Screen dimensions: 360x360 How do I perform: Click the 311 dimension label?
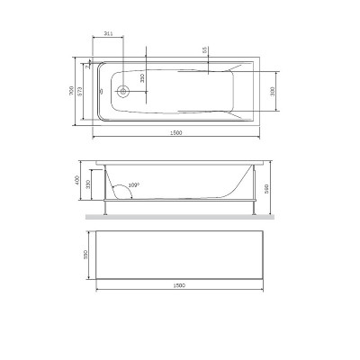point(108,33)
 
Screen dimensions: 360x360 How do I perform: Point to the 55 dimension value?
point(206,51)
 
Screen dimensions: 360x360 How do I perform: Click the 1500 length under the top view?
point(175,133)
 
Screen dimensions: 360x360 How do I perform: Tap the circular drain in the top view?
point(123,90)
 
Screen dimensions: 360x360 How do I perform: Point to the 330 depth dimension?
point(88,184)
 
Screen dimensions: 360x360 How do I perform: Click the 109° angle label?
point(134,185)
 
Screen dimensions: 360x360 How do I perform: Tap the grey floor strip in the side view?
point(175,218)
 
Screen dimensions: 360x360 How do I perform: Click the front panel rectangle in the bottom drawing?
point(176,254)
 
